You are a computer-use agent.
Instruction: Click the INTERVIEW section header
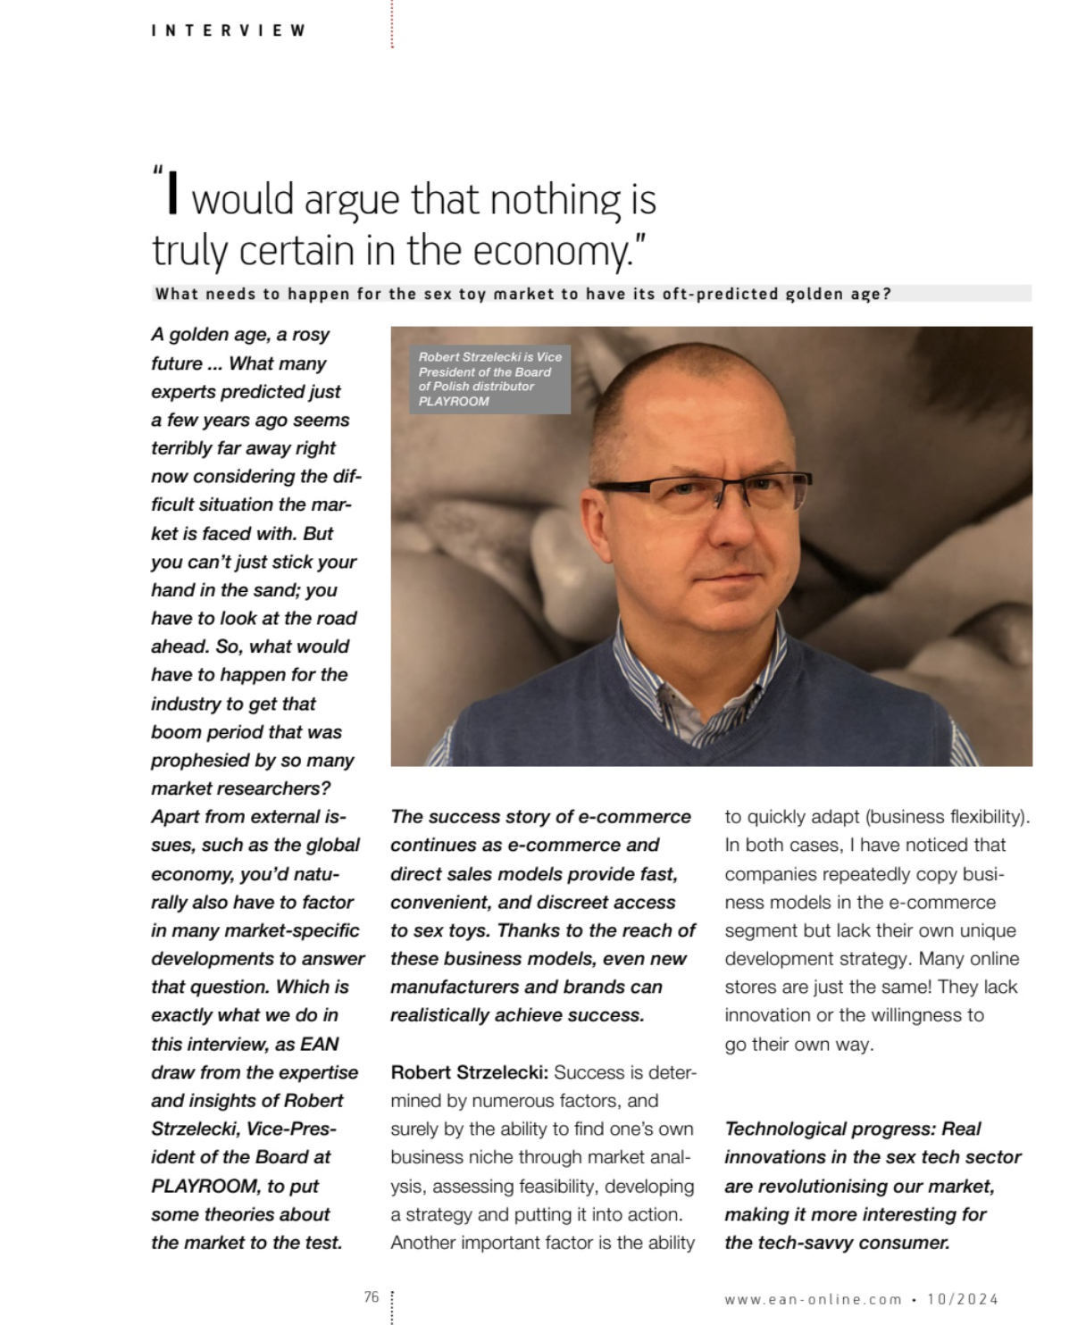point(229,30)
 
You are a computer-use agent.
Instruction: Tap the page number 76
point(372,1297)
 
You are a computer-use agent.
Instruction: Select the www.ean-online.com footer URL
point(813,1300)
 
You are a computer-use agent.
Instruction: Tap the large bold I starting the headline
point(173,195)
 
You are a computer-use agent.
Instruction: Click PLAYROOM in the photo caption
point(454,401)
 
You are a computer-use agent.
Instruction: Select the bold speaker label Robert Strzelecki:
point(469,1072)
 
